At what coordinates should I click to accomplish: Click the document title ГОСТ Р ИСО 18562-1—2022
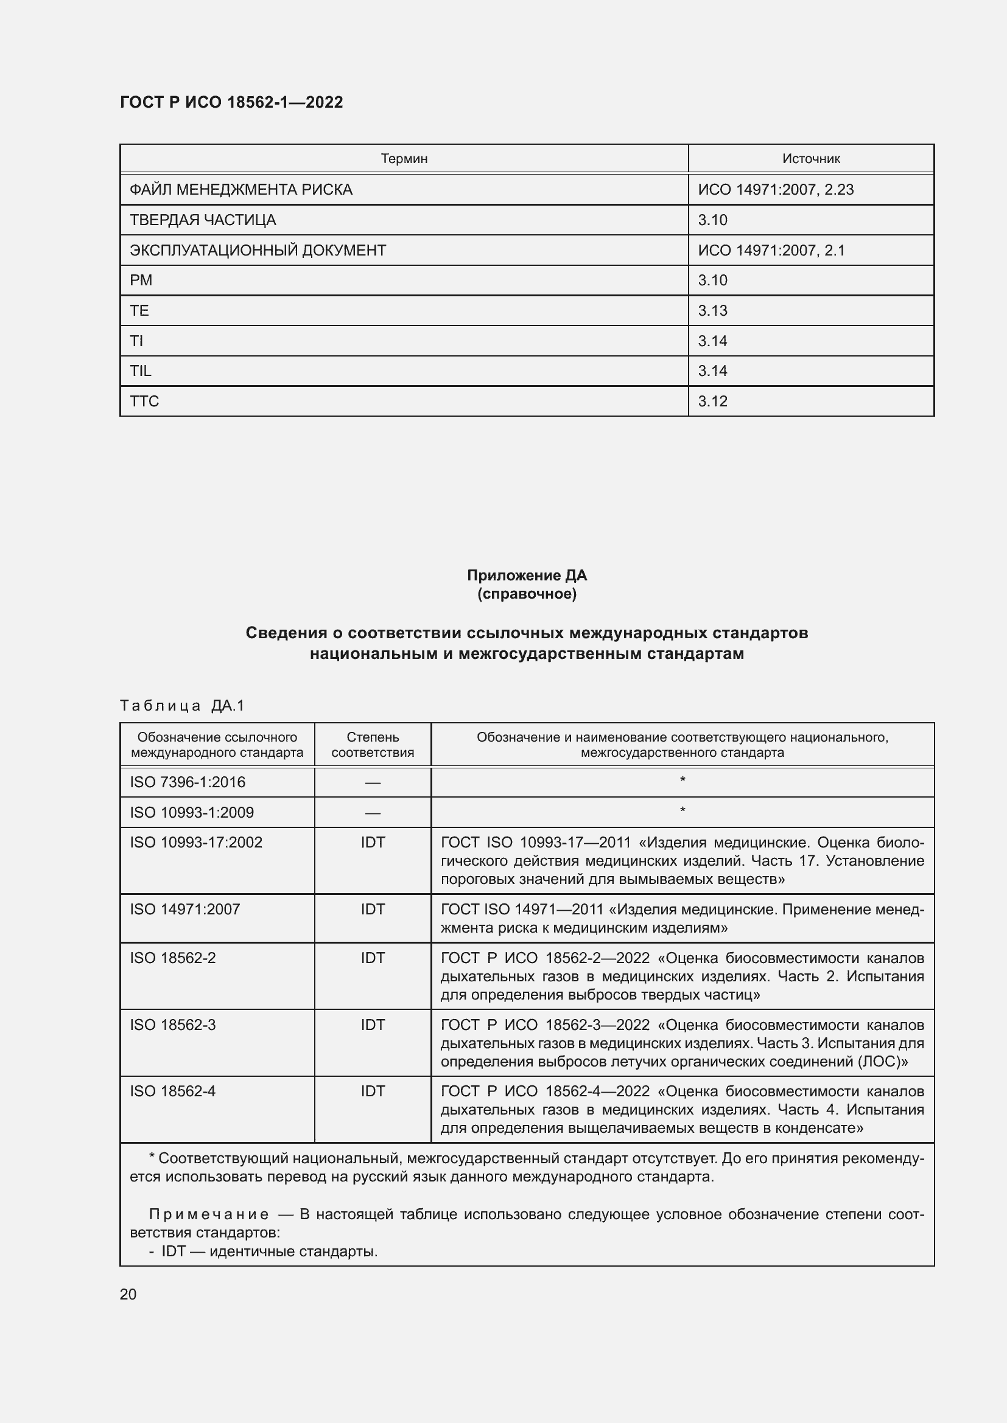point(231,102)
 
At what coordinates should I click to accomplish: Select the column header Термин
point(404,159)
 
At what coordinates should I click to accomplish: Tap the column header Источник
point(810,159)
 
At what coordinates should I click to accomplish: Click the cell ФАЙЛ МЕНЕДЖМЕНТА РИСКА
point(240,190)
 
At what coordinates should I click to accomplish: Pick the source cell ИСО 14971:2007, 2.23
point(775,190)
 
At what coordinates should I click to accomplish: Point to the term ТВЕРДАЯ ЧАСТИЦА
point(203,220)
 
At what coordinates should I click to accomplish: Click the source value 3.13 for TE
point(712,310)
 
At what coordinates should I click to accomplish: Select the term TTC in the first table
point(144,402)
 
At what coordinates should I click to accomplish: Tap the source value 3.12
point(712,402)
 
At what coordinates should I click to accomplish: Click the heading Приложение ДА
point(527,575)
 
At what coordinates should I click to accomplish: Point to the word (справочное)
point(527,594)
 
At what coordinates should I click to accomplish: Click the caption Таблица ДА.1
point(182,705)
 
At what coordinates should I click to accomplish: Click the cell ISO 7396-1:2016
point(188,782)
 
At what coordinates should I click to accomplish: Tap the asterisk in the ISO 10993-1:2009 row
point(682,810)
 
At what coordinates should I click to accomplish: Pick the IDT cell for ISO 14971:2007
point(372,909)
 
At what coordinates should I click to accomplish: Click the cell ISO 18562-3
point(172,1025)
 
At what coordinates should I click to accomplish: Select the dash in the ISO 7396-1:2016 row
point(372,783)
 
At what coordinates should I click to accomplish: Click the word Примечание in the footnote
point(209,1215)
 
